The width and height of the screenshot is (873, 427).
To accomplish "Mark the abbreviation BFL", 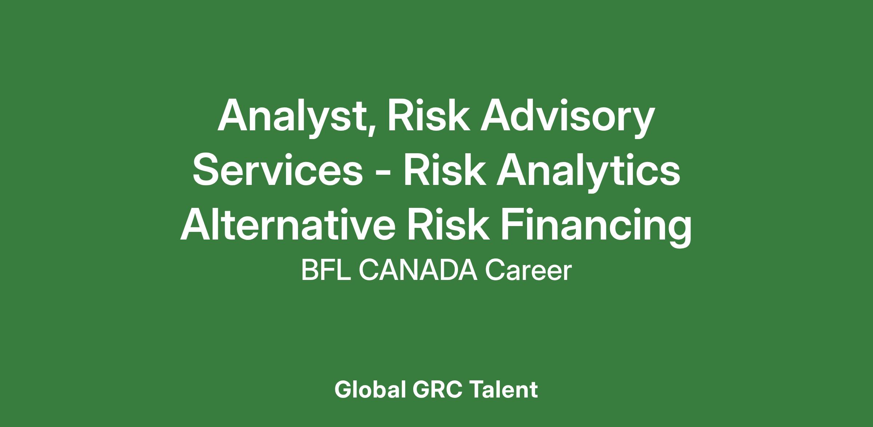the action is coord(326,271).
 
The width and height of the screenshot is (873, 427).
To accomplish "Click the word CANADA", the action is coord(418,271).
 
